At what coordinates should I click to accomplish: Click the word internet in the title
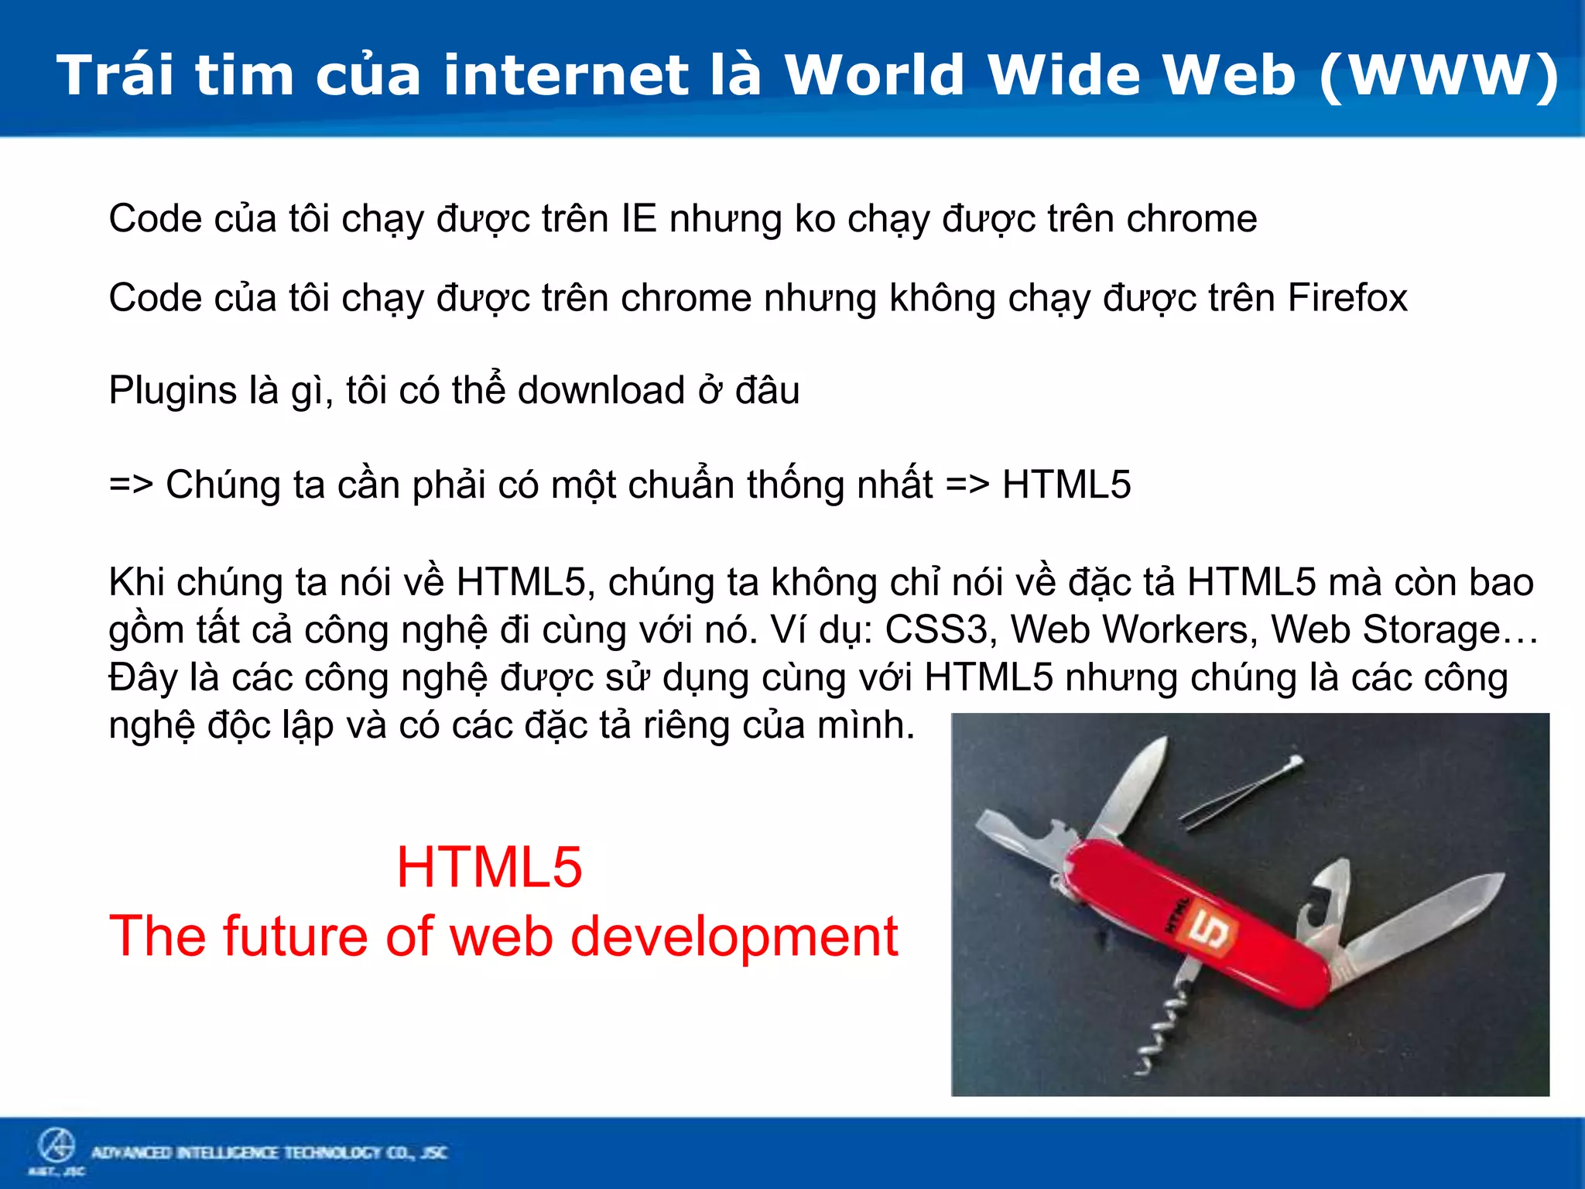click(565, 75)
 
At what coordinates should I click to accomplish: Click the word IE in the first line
click(638, 218)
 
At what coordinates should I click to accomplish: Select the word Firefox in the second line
click(1347, 297)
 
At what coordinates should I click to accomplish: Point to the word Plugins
click(172, 390)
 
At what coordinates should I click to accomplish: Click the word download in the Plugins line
click(601, 390)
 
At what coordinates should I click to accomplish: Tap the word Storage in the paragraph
click(1432, 629)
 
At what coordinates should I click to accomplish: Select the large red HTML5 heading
click(489, 867)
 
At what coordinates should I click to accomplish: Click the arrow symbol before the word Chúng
click(131, 485)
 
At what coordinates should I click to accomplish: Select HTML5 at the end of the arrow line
click(1066, 485)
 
